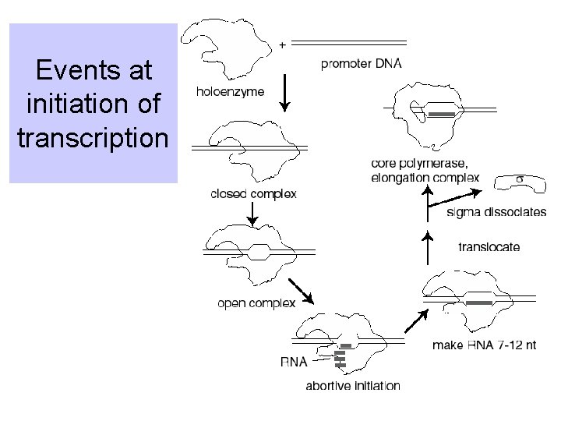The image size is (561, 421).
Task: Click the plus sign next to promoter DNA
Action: point(281,44)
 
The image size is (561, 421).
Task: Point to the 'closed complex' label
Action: point(253,194)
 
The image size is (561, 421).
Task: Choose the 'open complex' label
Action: point(256,303)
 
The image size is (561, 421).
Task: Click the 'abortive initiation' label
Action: point(353,385)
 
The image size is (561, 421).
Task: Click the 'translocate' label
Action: point(489,247)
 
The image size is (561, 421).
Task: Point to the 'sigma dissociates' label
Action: point(496,213)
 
